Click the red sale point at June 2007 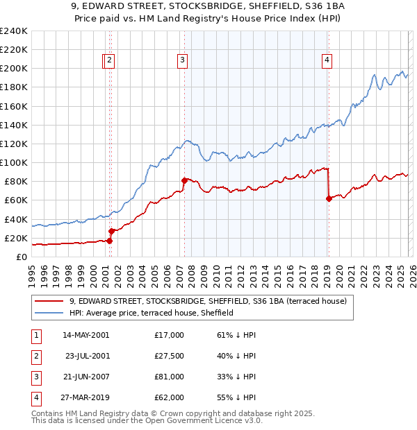184,180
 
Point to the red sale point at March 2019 328,198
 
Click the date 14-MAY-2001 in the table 85,335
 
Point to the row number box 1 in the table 35,335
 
